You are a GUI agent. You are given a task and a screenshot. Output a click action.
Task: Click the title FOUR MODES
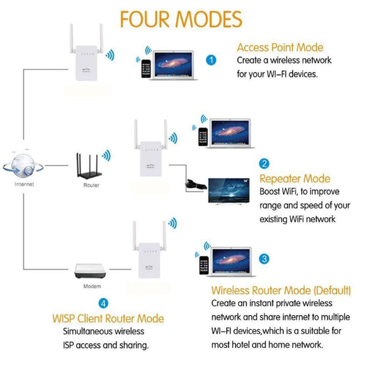[182, 19]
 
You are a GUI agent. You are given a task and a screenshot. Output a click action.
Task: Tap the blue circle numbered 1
[211, 59]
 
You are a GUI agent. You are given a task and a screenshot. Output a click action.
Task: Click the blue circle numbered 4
[104, 303]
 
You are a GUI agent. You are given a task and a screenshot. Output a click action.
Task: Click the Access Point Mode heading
[280, 47]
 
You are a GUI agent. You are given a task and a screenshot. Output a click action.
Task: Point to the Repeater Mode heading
[295, 179]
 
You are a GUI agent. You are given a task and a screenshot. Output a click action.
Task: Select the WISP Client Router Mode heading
[108, 318]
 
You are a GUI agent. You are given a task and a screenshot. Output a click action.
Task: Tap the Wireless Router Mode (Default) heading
[281, 290]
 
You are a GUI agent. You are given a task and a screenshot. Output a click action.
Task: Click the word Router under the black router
[91, 185]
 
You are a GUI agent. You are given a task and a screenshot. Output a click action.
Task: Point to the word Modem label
[92, 286]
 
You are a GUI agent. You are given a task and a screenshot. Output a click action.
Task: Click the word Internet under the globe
[24, 184]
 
